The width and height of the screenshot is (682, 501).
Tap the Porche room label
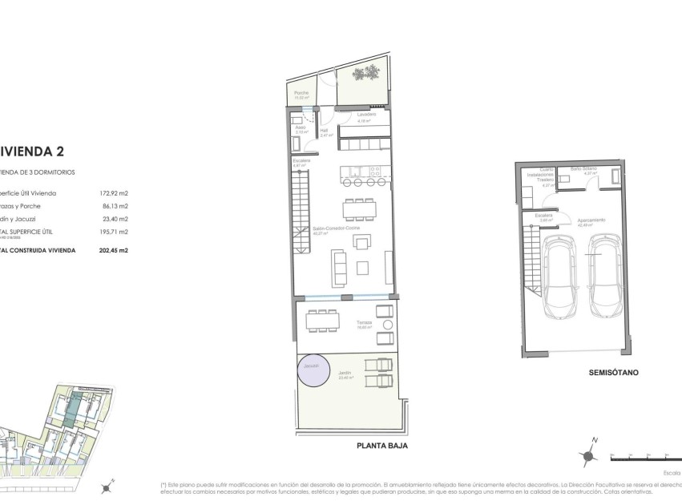[x=301, y=93]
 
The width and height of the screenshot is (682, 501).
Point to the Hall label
[x=325, y=131]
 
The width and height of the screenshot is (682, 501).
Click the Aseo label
[x=301, y=127]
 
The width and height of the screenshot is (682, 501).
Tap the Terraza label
[x=365, y=323]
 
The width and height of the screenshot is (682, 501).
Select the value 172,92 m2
[x=113, y=193]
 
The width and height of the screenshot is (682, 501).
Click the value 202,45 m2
[x=113, y=250]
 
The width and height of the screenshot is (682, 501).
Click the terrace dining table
[x=323, y=321]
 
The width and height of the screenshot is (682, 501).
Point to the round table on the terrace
[x=388, y=324]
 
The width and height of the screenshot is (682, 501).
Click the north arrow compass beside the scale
[x=589, y=455]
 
